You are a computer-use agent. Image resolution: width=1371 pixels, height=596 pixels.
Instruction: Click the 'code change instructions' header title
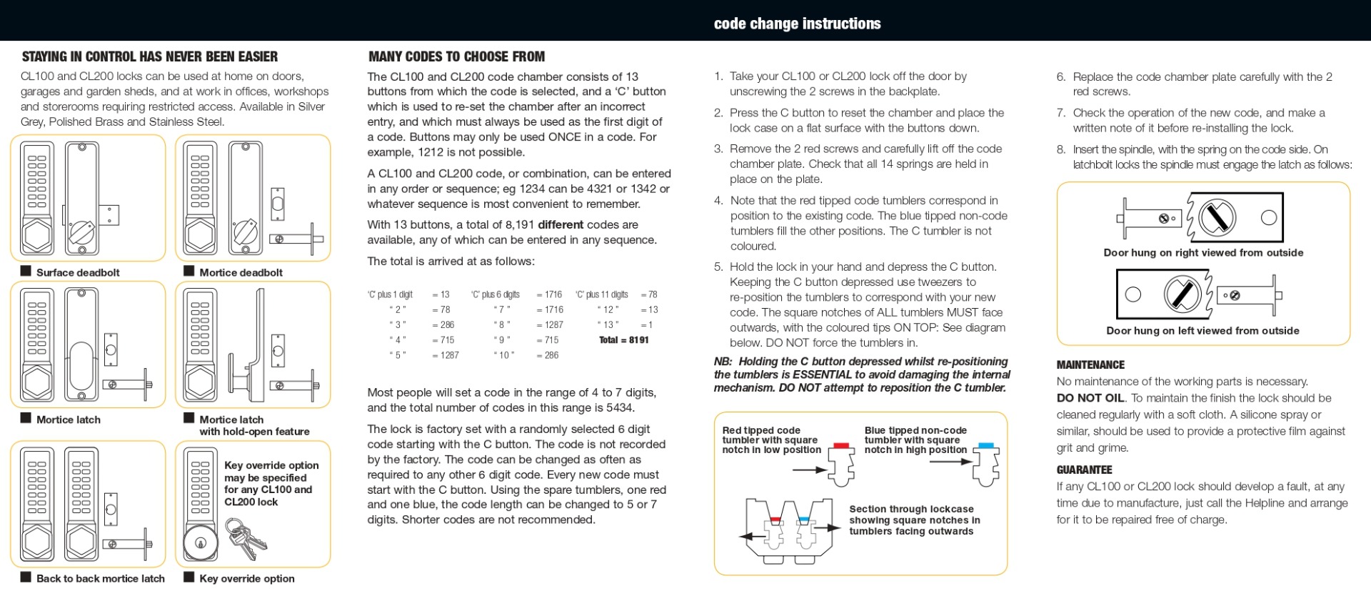pos(797,24)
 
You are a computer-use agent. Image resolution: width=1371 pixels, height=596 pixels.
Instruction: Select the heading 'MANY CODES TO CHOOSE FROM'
pos(456,56)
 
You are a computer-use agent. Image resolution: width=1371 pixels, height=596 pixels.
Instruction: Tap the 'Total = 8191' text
pos(623,340)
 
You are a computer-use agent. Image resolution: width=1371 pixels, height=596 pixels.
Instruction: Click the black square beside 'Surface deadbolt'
pos(26,271)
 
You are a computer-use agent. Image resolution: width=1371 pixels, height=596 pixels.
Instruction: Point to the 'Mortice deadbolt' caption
pos(241,272)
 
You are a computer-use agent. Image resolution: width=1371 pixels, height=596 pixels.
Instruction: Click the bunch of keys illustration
pos(244,538)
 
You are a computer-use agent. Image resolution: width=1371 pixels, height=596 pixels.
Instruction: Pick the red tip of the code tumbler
pos(841,445)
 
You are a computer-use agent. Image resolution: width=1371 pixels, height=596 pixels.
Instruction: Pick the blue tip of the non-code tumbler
pos(986,445)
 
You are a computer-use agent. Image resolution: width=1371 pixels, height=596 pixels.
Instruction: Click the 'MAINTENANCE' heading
pos(1090,364)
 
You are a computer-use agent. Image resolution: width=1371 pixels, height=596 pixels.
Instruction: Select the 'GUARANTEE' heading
pos(1084,470)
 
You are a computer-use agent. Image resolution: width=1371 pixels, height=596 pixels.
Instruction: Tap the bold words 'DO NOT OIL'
pos(1090,398)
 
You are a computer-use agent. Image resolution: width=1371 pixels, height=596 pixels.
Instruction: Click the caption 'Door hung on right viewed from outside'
pos(1203,252)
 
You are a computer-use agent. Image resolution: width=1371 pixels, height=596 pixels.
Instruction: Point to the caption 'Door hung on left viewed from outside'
pos(1202,330)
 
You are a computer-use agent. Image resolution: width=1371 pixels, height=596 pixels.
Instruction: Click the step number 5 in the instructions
pos(718,267)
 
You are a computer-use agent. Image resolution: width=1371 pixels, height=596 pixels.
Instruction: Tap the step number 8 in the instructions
pos(1061,149)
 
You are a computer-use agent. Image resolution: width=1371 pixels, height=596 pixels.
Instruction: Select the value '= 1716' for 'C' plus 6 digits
pos(549,294)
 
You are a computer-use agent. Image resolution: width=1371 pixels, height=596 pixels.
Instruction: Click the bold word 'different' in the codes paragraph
pos(561,224)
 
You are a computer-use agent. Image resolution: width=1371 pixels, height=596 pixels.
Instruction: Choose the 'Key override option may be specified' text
pos(271,472)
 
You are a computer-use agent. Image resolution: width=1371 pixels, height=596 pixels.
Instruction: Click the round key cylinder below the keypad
pos(200,542)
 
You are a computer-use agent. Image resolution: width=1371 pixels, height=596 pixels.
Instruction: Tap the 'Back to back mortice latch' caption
pos(100,578)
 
